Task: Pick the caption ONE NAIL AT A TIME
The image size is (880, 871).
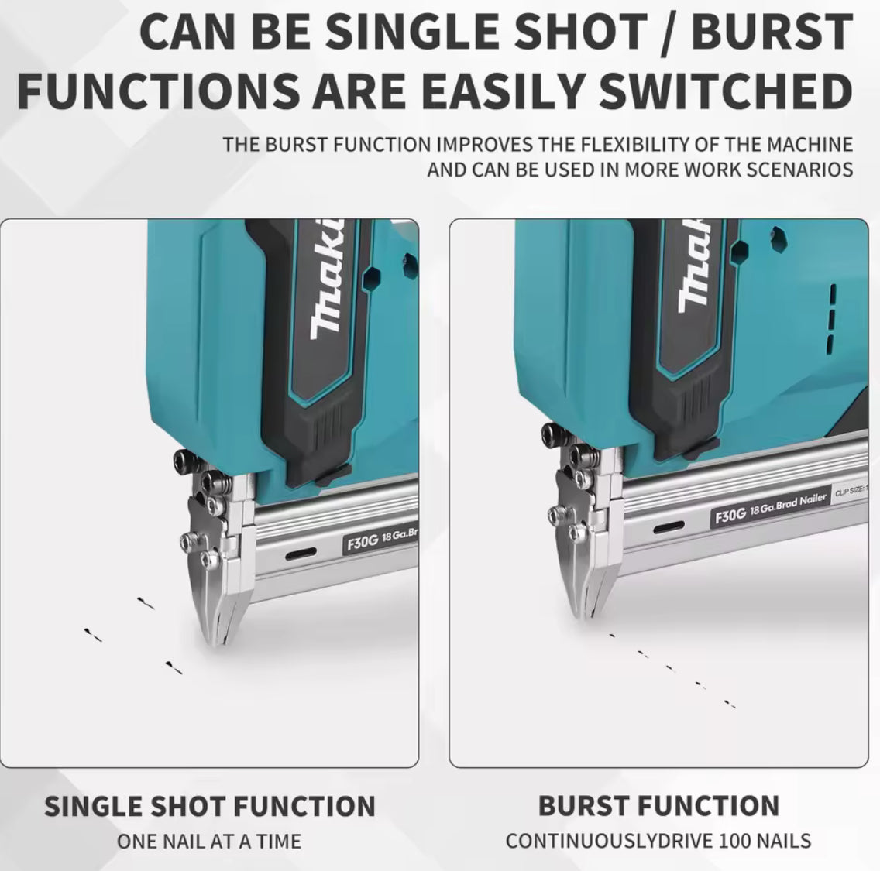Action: coord(209,840)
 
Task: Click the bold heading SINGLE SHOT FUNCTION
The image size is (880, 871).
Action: coord(209,806)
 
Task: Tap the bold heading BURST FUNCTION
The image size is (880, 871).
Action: coord(658,806)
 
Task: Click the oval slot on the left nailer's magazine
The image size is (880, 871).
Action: coord(301,554)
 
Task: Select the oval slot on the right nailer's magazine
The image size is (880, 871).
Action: coord(669,526)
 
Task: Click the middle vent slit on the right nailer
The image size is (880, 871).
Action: coord(830,317)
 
